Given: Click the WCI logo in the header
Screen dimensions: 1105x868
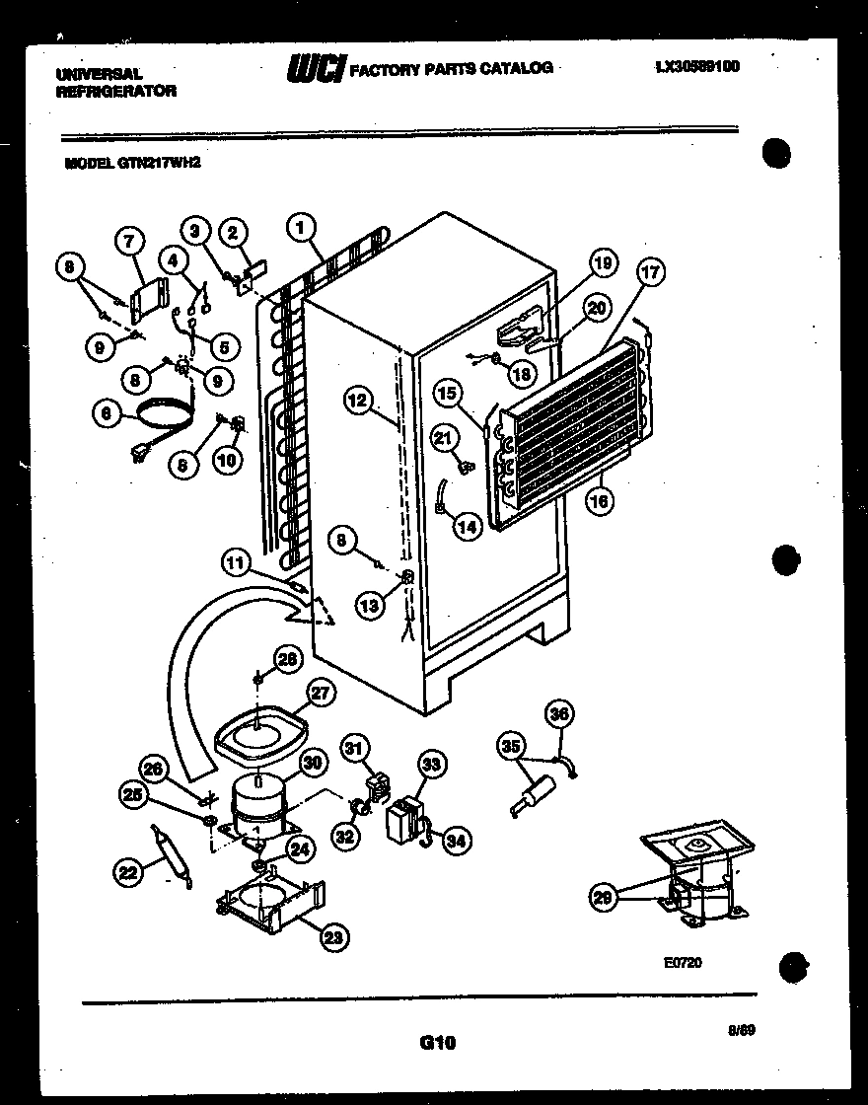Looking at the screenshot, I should [x=316, y=69].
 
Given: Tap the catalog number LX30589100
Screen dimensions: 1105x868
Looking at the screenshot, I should [x=697, y=67].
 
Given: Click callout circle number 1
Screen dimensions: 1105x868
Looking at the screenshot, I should [x=300, y=228].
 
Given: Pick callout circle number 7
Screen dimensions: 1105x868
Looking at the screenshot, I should [x=128, y=240].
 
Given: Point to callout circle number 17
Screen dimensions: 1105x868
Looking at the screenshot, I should [x=651, y=273].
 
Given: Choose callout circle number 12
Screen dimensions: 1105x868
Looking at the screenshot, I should [x=359, y=400].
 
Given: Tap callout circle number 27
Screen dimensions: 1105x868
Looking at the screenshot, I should [x=318, y=693].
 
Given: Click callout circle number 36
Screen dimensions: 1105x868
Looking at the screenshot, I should [x=560, y=713].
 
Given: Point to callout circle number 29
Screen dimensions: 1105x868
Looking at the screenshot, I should [x=602, y=896].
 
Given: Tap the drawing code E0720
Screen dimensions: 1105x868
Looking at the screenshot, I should [x=683, y=963].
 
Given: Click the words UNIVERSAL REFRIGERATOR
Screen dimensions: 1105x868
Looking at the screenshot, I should [x=116, y=82].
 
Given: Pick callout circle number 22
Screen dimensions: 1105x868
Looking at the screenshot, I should [x=127, y=870].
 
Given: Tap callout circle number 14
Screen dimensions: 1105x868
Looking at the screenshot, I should [x=468, y=527].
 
